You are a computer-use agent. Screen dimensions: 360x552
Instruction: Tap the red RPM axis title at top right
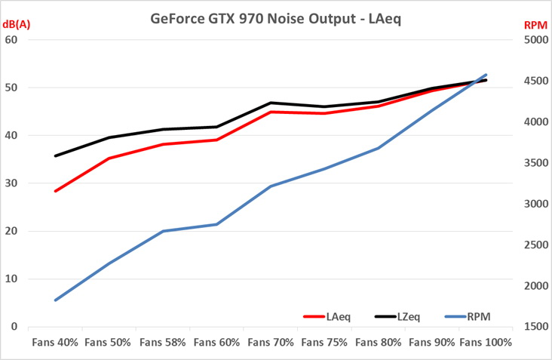click(535, 26)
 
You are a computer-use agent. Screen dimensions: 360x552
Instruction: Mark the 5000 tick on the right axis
click(532, 40)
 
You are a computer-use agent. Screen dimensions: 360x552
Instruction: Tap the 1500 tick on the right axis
click(532, 327)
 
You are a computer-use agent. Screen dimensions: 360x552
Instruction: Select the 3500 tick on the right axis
click(532, 163)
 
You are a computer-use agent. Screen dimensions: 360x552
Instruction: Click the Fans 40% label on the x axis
click(55, 342)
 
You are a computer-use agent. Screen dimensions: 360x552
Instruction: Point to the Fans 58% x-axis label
click(163, 342)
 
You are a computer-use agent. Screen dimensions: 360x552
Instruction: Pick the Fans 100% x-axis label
click(486, 342)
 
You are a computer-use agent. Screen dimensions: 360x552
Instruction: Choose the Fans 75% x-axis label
click(324, 342)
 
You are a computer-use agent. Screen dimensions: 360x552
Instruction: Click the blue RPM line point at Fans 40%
click(55, 300)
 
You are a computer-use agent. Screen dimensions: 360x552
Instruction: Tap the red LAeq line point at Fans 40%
click(55, 191)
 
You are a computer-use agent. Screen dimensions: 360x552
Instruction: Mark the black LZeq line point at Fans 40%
click(55, 156)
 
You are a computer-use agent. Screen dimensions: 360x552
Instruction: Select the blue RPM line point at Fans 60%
click(217, 224)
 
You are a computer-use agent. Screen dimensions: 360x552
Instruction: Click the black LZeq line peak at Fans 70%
click(271, 103)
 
